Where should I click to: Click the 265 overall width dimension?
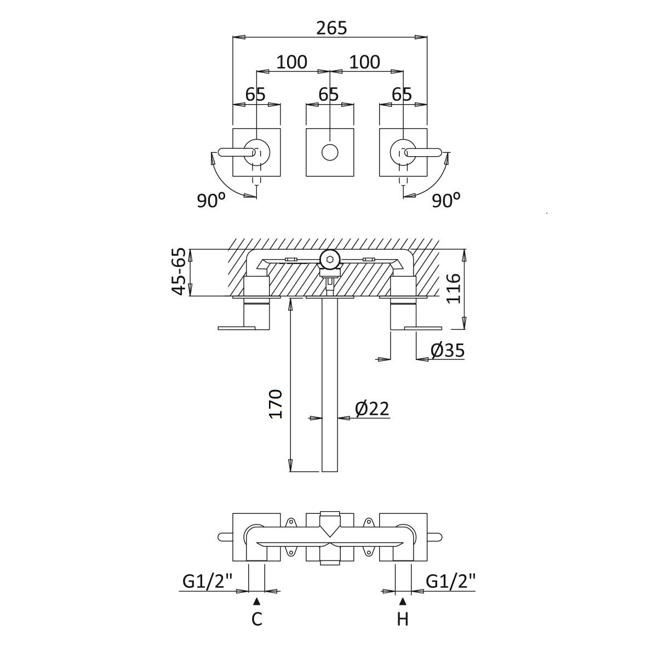332,28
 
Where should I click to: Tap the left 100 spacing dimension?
292,62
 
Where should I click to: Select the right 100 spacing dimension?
365,62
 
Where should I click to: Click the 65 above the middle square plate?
329,94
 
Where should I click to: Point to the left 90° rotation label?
211,201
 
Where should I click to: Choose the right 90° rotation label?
446,201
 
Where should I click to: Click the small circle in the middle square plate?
330,152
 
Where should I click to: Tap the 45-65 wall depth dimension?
179,272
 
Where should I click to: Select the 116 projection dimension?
454,288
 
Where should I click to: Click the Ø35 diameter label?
448,351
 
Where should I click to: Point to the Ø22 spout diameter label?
372,409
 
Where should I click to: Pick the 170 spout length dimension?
276,404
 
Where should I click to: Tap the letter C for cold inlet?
256,619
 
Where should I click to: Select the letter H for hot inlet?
403,619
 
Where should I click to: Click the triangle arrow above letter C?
256,601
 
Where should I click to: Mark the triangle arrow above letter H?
403,601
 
